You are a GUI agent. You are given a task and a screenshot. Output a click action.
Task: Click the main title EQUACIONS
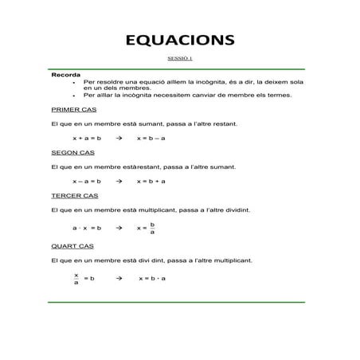[x=180, y=40]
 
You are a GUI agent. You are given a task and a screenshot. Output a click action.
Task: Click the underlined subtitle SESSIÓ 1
[x=180, y=59]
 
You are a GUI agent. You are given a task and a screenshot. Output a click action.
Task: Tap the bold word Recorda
[x=65, y=75]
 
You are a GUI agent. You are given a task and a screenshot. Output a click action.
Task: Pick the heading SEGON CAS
[x=72, y=152]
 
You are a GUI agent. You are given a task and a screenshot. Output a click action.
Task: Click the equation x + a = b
[x=86, y=138]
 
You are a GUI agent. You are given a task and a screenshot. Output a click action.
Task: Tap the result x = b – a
[x=151, y=138]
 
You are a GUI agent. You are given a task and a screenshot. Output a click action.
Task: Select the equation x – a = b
[x=86, y=181]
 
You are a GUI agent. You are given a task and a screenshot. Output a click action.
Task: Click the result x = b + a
[x=151, y=181]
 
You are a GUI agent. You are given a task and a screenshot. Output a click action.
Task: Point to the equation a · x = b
[x=86, y=228]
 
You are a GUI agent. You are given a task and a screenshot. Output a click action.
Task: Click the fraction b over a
[x=152, y=229]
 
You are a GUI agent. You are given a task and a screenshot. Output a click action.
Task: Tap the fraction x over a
[x=76, y=279]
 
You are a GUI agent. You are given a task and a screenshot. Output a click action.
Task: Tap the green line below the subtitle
[x=180, y=68]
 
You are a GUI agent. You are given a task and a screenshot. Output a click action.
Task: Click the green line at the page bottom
[x=180, y=302]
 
